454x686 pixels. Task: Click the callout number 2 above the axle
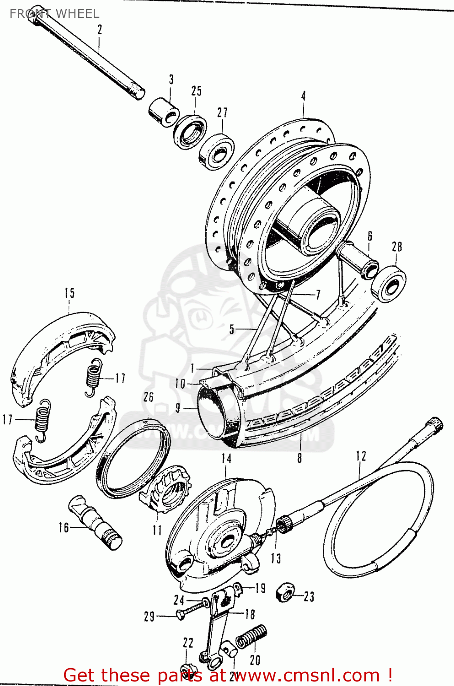pos(99,30)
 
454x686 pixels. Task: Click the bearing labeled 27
pos(217,151)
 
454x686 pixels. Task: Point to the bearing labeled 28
pos(389,284)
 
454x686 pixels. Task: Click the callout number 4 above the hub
pos(303,96)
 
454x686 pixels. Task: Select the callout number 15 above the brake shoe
pos(69,293)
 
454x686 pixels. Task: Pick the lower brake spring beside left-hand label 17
pos(43,418)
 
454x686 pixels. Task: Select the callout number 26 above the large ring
pos(148,397)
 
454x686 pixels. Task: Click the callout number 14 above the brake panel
pos(226,459)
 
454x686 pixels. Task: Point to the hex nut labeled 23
pos(286,593)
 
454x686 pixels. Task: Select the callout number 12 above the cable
pos(361,456)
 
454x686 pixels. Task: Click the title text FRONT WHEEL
pos(54,14)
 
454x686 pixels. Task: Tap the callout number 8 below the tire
pos(299,458)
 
